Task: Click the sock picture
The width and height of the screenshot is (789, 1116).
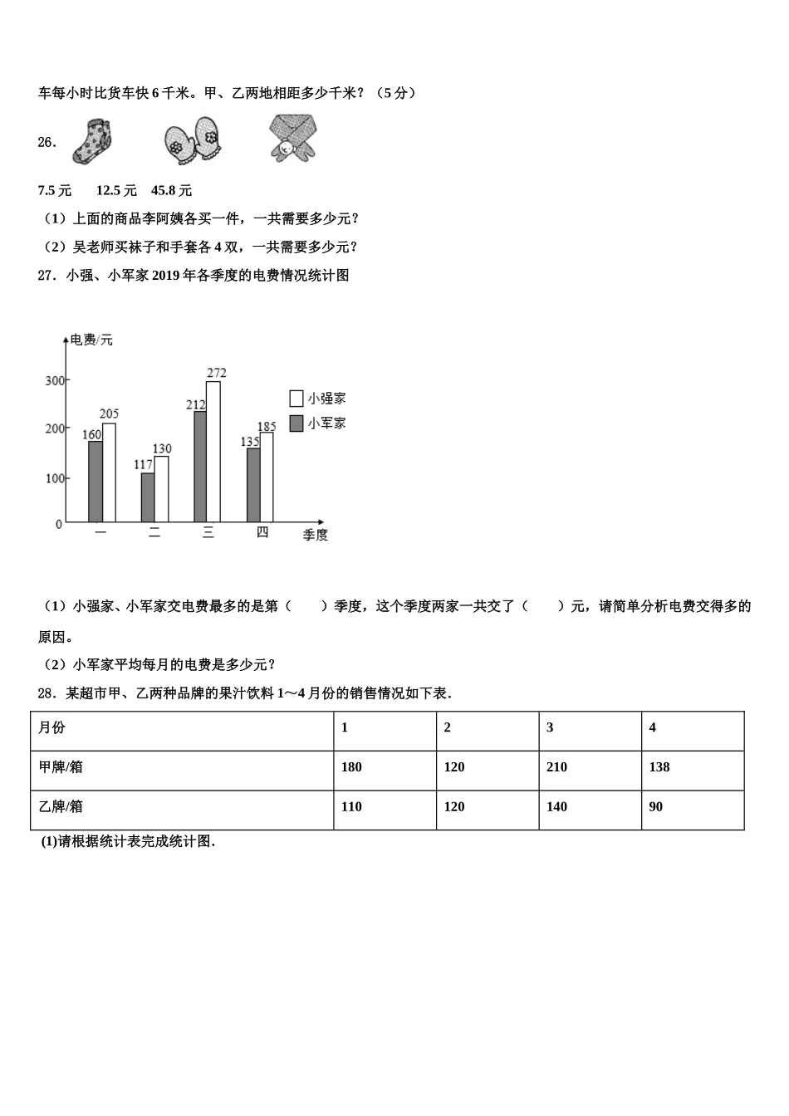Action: tap(93, 141)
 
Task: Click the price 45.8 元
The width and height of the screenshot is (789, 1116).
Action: tap(171, 190)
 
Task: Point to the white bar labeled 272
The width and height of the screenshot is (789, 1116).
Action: tap(213, 451)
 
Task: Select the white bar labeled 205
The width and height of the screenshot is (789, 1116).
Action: tap(109, 472)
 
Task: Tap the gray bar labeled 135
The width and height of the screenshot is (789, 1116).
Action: tap(253, 485)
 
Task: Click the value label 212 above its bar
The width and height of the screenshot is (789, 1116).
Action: tap(195, 404)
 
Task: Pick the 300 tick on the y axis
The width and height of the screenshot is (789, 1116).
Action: tap(54, 381)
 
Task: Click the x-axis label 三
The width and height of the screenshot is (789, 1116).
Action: tap(208, 533)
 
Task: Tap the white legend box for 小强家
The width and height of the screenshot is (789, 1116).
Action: tap(296, 398)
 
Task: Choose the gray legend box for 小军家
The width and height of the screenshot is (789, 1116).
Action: tap(296, 423)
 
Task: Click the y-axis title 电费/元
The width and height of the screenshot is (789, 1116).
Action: tap(91, 340)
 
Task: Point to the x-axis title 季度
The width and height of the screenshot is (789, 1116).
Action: tap(316, 535)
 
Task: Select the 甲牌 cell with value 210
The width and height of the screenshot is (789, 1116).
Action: tap(590, 767)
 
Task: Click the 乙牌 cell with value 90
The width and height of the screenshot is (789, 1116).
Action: tap(693, 807)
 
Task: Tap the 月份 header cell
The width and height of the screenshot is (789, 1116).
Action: tap(182, 728)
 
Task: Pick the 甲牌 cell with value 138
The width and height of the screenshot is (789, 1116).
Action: tap(693, 767)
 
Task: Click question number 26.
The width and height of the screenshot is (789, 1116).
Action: tap(47, 142)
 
